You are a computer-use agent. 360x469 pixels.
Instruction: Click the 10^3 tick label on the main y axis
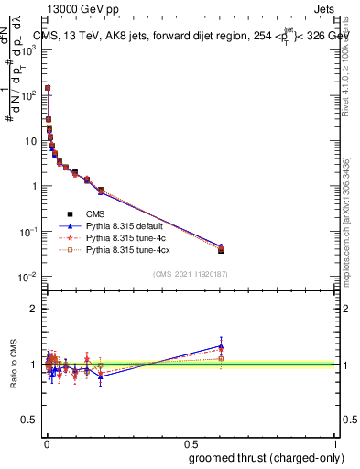[29, 49]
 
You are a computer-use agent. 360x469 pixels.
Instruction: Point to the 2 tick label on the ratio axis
[35, 309]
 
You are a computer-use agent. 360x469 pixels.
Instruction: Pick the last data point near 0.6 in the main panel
[221, 250]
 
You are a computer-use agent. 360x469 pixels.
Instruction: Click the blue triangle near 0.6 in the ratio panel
[221, 346]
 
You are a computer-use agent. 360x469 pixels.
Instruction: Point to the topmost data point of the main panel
[48, 88]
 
